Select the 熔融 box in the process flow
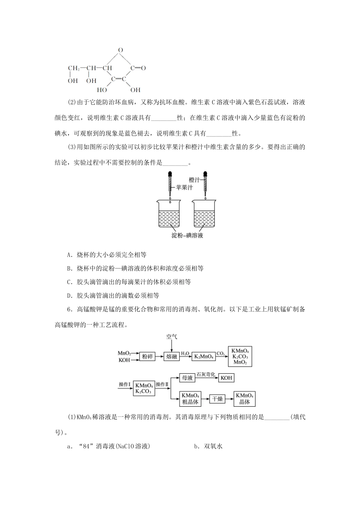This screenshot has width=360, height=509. pos(171,357)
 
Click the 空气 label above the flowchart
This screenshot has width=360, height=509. pos(171,336)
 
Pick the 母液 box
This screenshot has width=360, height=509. pos(187,378)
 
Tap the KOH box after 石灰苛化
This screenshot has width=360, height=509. pos(226,378)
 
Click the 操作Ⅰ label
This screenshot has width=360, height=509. pos(124,384)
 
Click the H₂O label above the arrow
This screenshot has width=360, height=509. pos(185,353)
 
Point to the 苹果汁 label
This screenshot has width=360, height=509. pos(184,187)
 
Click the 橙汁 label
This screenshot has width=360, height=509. pos(194,180)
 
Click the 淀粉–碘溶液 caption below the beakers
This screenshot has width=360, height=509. pos(187,236)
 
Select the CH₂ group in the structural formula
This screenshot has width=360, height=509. pos(74,69)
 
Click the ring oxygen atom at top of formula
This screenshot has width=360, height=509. pos(120,50)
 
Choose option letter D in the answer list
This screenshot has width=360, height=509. pos(69,295)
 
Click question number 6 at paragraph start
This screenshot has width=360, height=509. pos(69,309)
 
